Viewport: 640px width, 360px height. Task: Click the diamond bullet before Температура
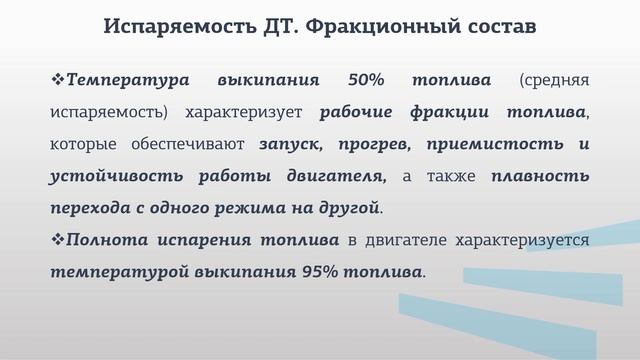pos(57,79)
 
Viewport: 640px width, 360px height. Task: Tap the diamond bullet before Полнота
pos(57,240)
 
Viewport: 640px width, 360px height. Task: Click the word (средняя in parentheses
pos(554,79)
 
